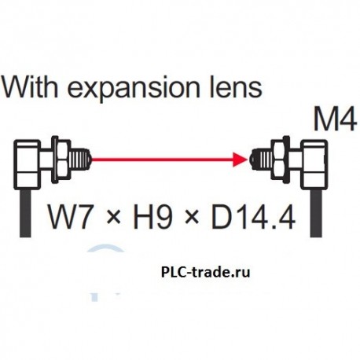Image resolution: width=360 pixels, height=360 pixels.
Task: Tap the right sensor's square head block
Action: (x=314, y=162)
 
